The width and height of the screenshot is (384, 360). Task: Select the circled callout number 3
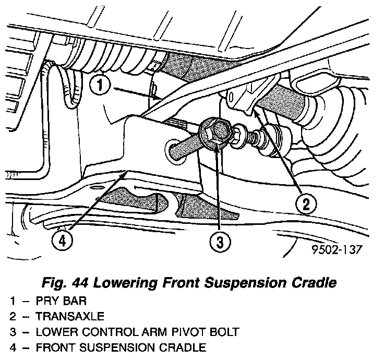coord(219,241)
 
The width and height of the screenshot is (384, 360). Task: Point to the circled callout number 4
coord(61,241)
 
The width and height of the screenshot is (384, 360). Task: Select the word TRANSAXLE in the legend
coord(70,316)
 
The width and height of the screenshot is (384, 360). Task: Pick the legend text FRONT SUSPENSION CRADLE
coord(121,346)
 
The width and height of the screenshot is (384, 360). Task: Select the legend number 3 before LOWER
coord(12,331)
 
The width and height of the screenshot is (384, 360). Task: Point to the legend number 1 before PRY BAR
coord(12,302)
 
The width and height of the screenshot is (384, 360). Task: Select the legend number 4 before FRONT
coord(12,346)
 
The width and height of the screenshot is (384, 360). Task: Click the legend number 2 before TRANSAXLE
coord(12,316)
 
